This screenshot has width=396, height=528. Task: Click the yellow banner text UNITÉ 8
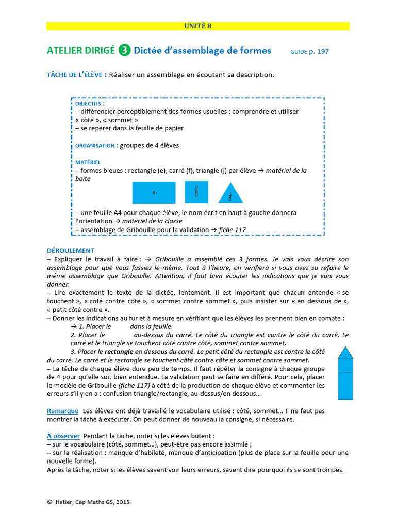198,26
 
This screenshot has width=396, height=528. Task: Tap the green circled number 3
124,51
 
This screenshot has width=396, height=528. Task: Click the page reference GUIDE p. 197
309,51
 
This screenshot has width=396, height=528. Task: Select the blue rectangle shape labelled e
154,192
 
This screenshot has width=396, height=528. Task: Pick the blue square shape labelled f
196,192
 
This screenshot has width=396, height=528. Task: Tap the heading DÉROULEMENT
71,250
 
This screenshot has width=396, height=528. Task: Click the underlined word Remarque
62,411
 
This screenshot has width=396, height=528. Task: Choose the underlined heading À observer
63,436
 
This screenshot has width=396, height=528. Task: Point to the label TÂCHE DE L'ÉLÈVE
77,75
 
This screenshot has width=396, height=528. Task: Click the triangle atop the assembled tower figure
345,353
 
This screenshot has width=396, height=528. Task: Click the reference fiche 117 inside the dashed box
232,230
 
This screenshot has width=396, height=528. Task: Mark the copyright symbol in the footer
49,501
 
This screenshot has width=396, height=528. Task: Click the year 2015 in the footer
122,501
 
